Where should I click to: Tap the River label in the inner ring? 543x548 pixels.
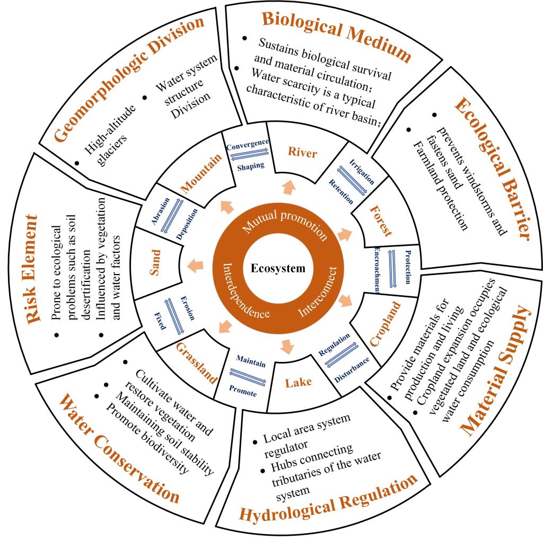pos(302,154)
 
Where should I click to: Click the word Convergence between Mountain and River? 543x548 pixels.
pos(247,143)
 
